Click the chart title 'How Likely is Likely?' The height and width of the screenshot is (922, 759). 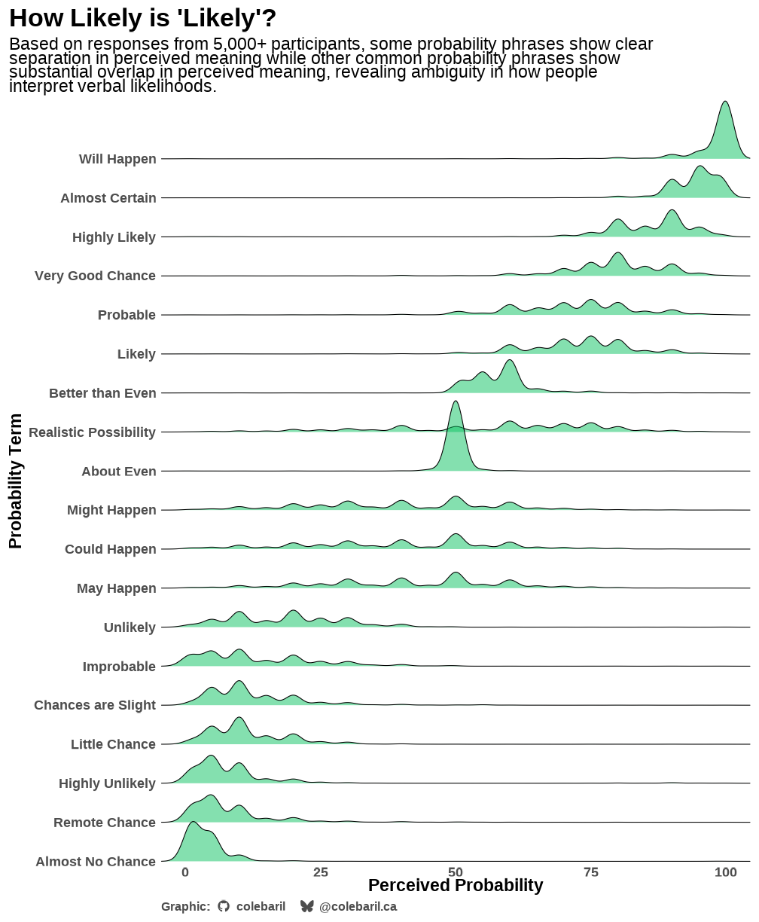(x=142, y=17)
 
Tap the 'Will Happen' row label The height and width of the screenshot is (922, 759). (x=117, y=159)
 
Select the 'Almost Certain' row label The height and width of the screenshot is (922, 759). (x=108, y=198)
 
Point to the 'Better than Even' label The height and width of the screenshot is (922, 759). (x=102, y=393)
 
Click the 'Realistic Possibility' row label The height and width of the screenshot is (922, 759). (x=92, y=432)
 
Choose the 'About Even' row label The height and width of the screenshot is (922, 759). (x=119, y=472)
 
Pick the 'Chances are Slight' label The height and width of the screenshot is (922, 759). (x=95, y=705)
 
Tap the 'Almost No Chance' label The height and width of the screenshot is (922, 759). (x=96, y=862)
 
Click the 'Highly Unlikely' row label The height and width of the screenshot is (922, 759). (x=107, y=783)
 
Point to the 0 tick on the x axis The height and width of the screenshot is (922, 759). (x=185, y=872)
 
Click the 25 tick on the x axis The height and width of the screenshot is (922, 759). (x=321, y=872)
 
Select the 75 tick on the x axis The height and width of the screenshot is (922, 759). (x=591, y=872)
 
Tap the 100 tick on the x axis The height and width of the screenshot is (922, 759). (x=726, y=872)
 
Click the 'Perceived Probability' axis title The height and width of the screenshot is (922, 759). (x=456, y=886)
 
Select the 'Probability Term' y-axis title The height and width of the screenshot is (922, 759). (x=16, y=481)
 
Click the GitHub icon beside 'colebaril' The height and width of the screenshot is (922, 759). (x=224, y=906)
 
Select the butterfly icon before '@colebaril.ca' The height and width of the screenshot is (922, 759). (x=306, y=906)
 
